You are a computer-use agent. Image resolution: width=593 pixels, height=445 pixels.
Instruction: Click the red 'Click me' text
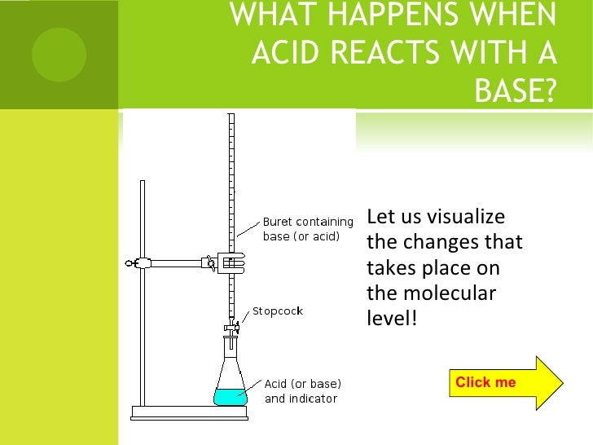[485, 382]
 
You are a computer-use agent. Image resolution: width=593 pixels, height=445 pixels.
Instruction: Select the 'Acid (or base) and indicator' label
[302, 390]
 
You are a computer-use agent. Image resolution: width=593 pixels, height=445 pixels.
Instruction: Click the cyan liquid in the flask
[230, 397]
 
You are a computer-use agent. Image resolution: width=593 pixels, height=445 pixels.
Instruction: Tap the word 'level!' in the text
[392, 318]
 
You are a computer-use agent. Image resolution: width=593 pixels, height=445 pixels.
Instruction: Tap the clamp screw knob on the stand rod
[130, 263]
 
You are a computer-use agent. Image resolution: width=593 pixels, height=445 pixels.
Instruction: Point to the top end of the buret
[231, 117]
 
